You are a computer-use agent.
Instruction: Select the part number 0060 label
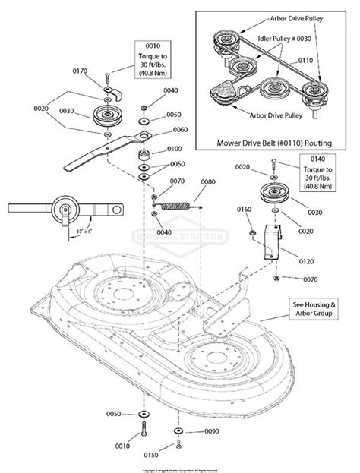pos(180,129)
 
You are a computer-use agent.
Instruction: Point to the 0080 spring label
pos(207,182)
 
